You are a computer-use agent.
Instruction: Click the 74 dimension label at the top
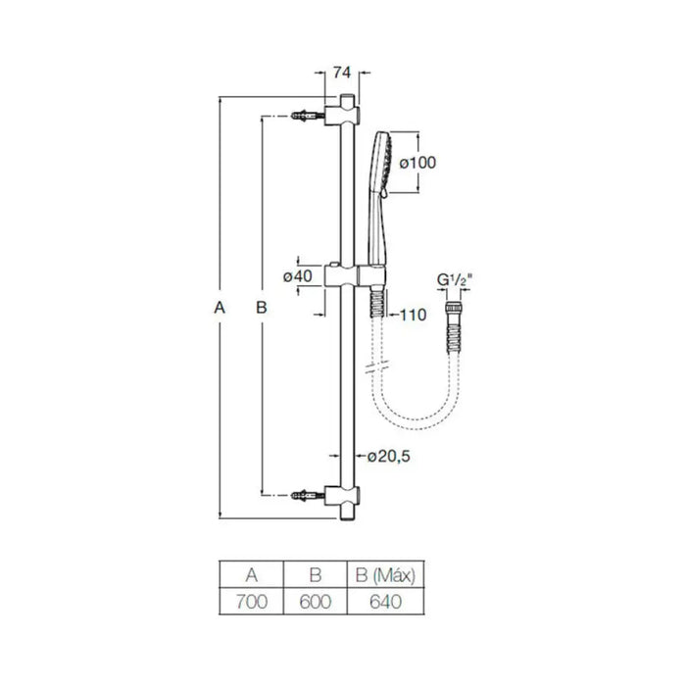pyautogui.click(x=342, y=73)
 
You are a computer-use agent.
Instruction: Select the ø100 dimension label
pyautogui.click(x=417, y=163)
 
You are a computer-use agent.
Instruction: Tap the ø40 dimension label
pyautogui.click(x=298, y=276)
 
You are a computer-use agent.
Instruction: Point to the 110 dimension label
pyautogui.click(x=413, y=315)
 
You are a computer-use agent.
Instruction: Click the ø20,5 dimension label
pyautogui.click(x=388, y=457)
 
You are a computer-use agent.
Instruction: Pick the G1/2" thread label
pyautogui.click(x=455, y=279)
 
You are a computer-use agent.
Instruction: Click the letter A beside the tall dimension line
pyautogui.click(x=220, y=308)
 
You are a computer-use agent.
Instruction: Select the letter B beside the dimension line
pyautogui.click(x=262, y=308)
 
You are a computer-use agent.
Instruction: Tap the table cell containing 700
pyautogui.click(x=252, y=602)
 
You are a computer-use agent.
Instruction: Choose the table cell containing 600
pyautogui.click(x=315, y=602)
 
